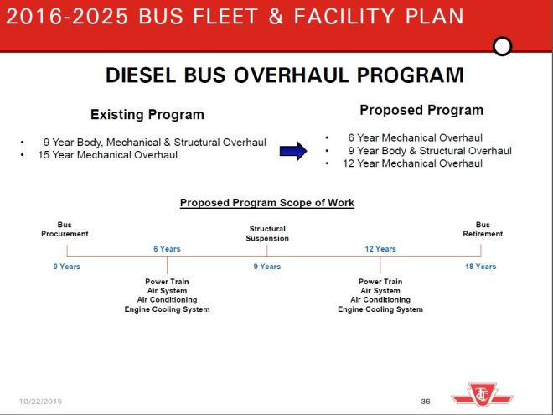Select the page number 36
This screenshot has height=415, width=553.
(x=426, y=402)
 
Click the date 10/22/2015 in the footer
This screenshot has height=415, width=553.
(x=40, y=402)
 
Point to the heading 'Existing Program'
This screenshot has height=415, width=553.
(x=147, y=115)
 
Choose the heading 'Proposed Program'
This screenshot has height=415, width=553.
(x=421, y=110)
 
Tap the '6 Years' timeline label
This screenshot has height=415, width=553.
(x=167, y=249)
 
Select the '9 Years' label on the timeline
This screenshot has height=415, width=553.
(x=266, y=267)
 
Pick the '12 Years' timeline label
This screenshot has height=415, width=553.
(x=380, y=249)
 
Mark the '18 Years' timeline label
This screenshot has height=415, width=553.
(x=481, y=267)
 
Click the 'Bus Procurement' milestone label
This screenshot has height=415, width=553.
(x=65, y=229)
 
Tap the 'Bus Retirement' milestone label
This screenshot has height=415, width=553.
(x=483, y=229)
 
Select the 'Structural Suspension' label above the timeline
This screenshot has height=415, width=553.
(x=267, y=233)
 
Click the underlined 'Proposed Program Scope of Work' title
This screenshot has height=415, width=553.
(x=267, y=203)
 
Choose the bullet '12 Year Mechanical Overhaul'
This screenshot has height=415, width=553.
(x=415, y=163)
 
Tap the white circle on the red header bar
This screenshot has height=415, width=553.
(x=502, y=46)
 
